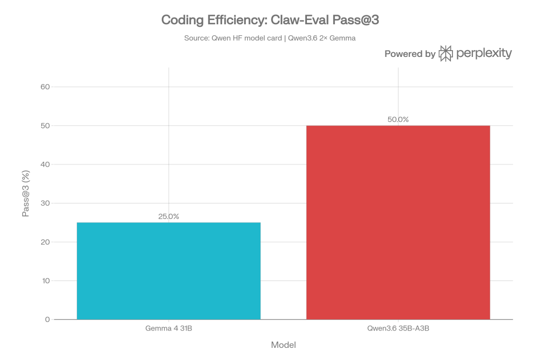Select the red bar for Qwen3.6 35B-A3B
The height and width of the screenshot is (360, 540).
[398, 222]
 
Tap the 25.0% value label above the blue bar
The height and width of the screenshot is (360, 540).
[169, 216]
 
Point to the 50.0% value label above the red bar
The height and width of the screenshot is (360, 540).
[398, 120]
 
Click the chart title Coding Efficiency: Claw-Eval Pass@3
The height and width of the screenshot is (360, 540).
[270, 21]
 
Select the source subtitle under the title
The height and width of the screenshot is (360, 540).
[270, 38]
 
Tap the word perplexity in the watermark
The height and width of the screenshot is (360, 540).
[484, 54]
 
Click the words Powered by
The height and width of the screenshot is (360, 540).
[409, 54]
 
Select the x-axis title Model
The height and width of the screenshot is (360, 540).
[283, 345]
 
